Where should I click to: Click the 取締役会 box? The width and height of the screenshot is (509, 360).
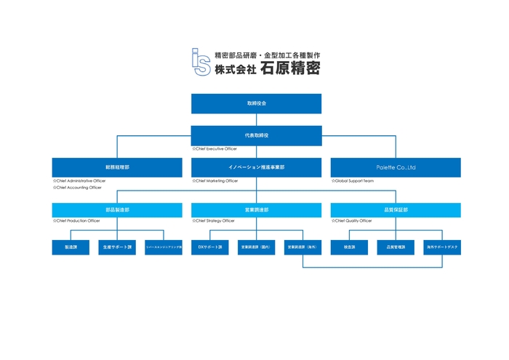256,104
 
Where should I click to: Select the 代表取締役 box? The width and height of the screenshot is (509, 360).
256,135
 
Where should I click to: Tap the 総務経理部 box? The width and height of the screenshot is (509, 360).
117,167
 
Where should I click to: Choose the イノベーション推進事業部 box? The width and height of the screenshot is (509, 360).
256,167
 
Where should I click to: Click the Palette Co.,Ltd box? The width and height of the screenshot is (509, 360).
395,167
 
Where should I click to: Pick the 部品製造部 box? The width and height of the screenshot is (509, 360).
117,209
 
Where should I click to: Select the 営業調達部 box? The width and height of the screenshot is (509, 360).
256,209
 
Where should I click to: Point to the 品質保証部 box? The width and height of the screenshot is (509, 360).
395,209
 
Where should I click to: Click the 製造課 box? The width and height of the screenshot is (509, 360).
71,247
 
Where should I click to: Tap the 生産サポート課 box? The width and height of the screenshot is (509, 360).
117,247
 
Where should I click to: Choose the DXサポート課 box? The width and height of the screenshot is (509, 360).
210,247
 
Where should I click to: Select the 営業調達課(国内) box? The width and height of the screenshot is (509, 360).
256,247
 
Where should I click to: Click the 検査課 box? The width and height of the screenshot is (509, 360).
349,247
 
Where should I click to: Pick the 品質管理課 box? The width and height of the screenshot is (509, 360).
395,247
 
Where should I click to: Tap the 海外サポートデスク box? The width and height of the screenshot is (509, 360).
441,247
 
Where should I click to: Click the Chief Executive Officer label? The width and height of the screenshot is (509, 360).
215,148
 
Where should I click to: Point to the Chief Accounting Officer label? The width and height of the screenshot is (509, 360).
77,187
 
